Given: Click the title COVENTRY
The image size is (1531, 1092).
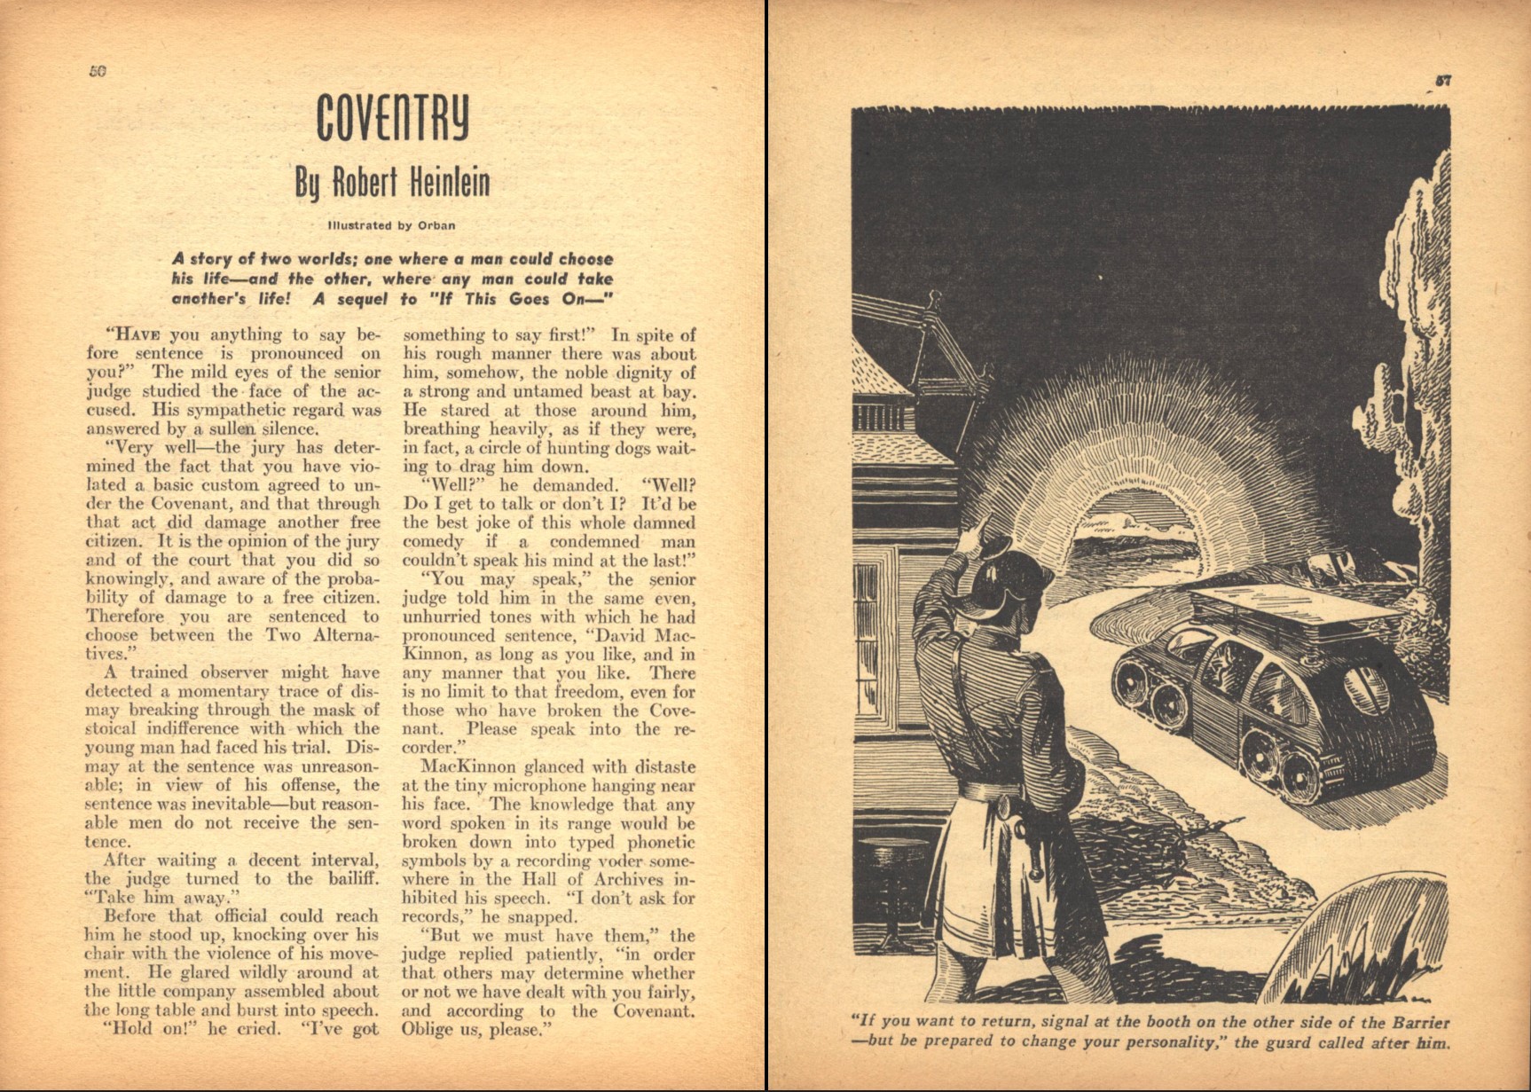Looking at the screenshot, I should [x=393, y=116].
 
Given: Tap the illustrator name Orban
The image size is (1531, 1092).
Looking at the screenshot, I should [x=436, y=225].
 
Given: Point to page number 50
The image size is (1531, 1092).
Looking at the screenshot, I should [x=98, y=71].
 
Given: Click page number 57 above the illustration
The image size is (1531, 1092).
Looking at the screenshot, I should [x=1443, y=81].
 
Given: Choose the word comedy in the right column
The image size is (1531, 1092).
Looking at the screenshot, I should [x=433, y=542].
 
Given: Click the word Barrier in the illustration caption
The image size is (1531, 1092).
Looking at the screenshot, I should [x=1417, y=1021].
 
